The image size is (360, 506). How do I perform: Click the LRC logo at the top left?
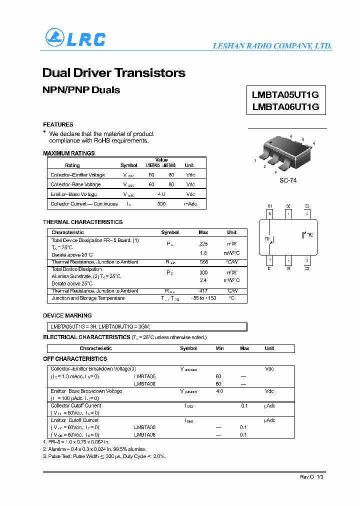click(75, 39)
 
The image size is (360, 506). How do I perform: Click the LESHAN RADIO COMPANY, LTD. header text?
click(272, 46)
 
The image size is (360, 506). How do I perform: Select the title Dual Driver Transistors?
click(114, 73)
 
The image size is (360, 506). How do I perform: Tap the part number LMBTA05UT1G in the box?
click(285, 94)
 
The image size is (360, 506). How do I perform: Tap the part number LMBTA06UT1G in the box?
click(285, 106)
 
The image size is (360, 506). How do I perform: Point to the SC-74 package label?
click(288, 180)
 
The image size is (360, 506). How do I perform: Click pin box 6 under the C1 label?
click(270, 213)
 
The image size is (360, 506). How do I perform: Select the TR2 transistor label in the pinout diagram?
click(309, 234)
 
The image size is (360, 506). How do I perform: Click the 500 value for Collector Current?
click(161, 204)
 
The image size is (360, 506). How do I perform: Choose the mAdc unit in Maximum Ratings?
click(190, 204)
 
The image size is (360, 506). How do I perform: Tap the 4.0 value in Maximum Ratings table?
click(161, 194)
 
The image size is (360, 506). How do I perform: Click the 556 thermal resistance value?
click(203, 262)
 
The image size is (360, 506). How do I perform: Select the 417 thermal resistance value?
click(203, 290)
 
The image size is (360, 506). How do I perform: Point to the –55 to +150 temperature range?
click(203, 298)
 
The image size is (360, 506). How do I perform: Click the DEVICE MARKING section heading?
click(67, 316)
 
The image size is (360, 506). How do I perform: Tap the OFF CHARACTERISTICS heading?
click(75, 359)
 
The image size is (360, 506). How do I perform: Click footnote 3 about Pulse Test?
click(104, 456)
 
